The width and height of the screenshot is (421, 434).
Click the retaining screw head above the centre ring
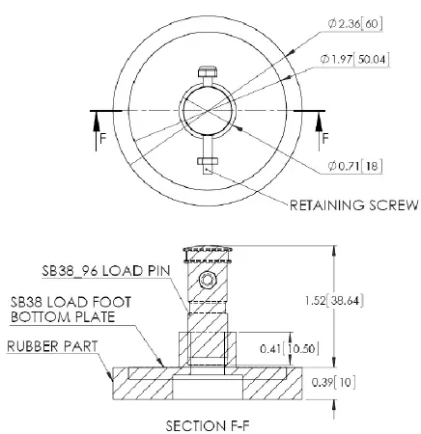click(x=209, y=72)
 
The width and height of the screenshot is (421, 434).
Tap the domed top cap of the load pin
click(x=208, y=253)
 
